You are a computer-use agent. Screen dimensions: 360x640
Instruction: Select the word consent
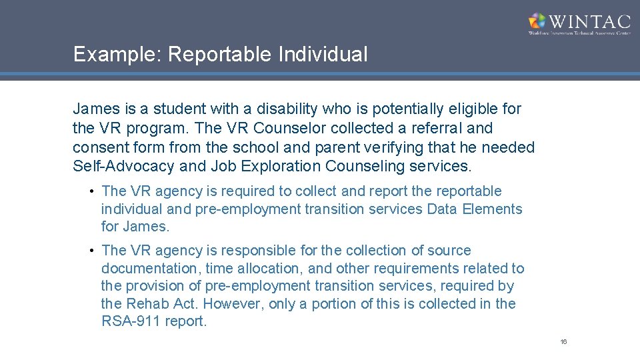[x=101, y=147]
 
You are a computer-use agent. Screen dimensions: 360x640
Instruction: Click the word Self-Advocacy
[x=123, y=167]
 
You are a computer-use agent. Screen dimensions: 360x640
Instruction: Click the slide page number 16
[x=563, y=342]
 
